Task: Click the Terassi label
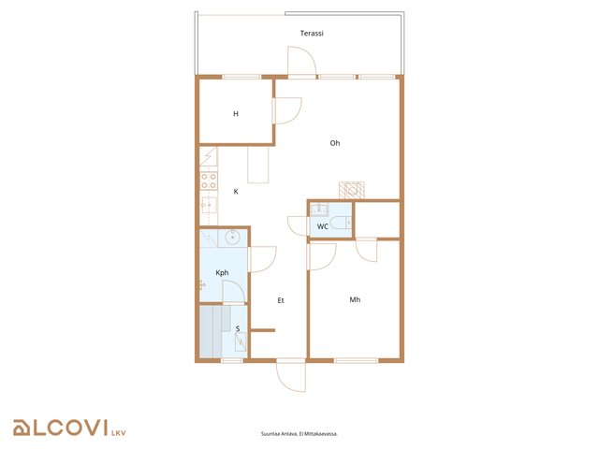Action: [x=312, y=34]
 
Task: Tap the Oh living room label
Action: [x=335, y=143]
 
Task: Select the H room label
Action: [x=236, y=114]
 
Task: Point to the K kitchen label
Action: [x=236, y=192]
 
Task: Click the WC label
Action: [x=323, y=226]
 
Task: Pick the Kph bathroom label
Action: [x=222, y=272]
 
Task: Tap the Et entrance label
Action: [x=281, y=301]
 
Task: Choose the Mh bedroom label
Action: [x=355, y=299]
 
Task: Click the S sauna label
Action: [x=238, y=328]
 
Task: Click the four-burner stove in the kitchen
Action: [x=209, y=181]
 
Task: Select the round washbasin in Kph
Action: [x=232, y=238]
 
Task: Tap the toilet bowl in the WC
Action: [x=338, y=223]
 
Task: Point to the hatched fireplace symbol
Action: [x=352, y=191]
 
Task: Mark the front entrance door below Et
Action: [x=291, y=375]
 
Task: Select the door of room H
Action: [x=287, y=110]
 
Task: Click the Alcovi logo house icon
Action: [x=22, y=427]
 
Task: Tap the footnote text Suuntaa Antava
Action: [x=276, y=434]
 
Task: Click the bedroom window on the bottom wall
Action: [x=356, y=360]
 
